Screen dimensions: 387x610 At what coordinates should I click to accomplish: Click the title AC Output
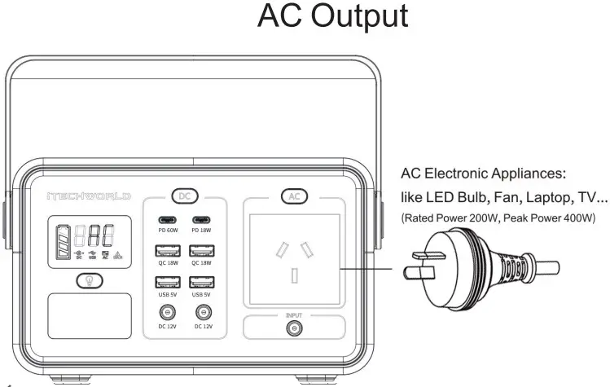point(333,17)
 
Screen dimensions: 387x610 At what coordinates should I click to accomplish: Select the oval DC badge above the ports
point(185,196)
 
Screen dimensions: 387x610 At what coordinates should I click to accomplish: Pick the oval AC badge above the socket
point(294,196)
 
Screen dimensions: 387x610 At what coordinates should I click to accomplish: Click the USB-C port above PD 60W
point(168,221)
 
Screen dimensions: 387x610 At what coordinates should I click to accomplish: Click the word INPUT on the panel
point(293,313)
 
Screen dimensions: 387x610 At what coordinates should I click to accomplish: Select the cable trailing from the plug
point(546,266)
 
